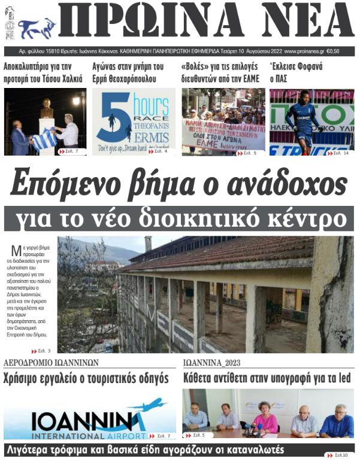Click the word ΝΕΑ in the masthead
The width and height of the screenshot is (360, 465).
pyautogui.click(x=306, y=22)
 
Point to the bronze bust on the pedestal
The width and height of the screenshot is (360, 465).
pyautogui.click(x=46, y=108)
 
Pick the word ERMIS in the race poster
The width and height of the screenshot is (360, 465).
pyautogui.click(x=155, y=138)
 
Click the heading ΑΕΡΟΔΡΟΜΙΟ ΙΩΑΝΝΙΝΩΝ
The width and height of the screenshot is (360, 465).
pyautogui.click(x=51, y=363)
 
